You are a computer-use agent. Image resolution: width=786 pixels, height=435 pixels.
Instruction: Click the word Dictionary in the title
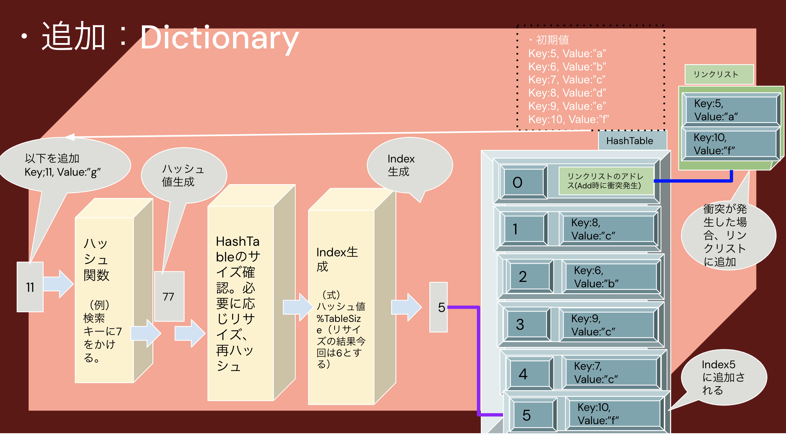(x=219, y=38)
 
